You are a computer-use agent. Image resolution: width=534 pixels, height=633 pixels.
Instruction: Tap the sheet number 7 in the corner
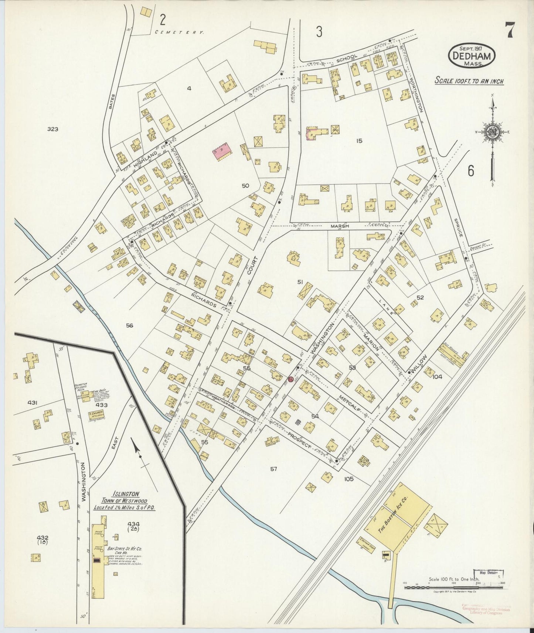coord(510,30)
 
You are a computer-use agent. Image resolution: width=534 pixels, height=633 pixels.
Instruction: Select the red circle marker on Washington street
coord(290,379)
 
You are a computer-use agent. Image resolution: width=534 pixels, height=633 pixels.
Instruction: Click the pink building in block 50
coord(222,152)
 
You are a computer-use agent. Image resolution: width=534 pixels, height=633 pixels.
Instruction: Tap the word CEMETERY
coord(179,32)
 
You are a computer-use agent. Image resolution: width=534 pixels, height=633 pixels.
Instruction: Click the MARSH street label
coord(340,226)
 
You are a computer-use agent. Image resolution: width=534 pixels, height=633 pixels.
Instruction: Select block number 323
coord(53,129)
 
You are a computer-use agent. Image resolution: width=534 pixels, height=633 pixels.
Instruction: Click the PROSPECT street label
coord(300,439)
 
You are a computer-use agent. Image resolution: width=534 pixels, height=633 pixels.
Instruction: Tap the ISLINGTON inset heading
coord(126,494)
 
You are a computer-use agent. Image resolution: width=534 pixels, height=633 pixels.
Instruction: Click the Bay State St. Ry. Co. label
coord(123,549)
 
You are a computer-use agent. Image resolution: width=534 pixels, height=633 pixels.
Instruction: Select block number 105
coord(348,479)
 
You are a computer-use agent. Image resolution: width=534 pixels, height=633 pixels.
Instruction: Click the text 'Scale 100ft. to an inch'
coord(469,81)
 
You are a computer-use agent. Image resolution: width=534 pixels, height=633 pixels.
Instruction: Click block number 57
coord(273,469)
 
